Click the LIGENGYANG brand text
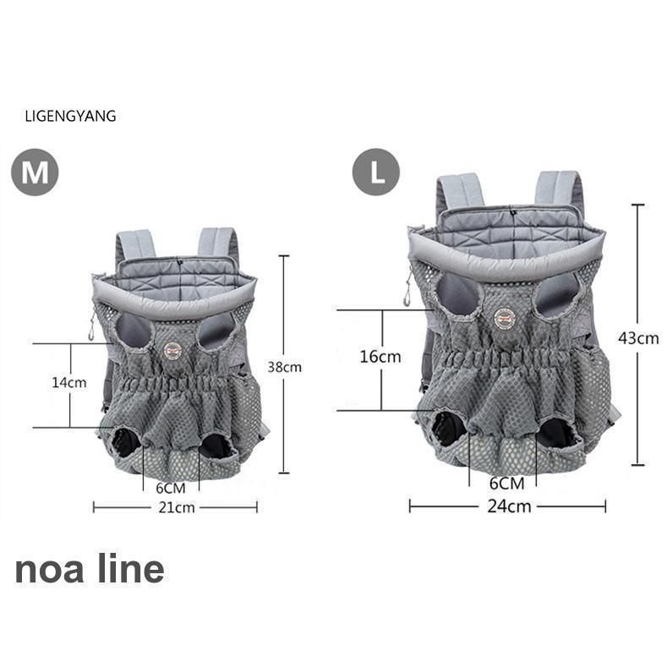click(x=70, y=116)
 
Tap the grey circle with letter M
click(x=35, y=172)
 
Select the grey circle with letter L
click(x=376, y=172)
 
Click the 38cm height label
click(x=285, y=367)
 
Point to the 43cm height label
click(x=638, y=338)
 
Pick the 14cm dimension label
click(x=69, y=382)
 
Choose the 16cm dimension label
click(x=380, y=357)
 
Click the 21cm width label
click(x=177, y=507)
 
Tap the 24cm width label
click(x=509, y=506)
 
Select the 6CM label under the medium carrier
click(x=171, y=488)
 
